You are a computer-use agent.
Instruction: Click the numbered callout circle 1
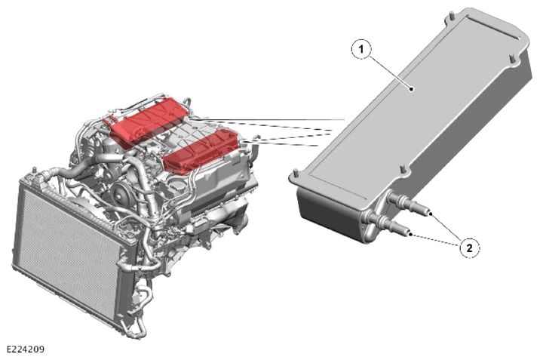(361, 49)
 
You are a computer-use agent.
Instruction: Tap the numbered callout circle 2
(469, 248)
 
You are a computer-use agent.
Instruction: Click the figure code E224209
(26, 349)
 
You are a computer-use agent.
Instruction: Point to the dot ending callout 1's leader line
(411, 89)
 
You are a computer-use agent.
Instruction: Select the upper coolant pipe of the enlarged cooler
(409, 202)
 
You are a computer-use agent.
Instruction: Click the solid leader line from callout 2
(446, 227)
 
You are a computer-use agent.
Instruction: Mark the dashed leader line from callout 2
(436, 240)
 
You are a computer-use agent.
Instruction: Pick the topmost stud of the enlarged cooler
(450, 16)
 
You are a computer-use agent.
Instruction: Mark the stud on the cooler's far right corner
(512, 59)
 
